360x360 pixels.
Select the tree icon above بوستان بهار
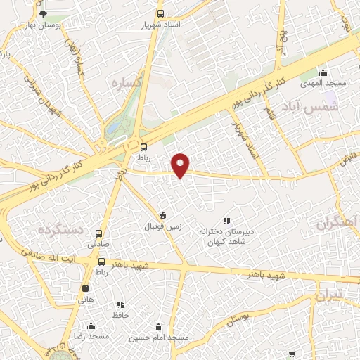click(x=43, y=13)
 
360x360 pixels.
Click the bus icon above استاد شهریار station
click(x=161, y=13)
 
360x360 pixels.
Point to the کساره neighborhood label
click(x=127, y=82)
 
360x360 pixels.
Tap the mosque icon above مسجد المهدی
click(x=323, y=72)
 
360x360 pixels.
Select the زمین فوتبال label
click(x=163, y=226)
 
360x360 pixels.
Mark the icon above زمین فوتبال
click(x=163, y=215)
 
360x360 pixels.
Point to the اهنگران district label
click(x=338, y=223)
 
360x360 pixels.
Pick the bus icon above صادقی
click(x=99, y=233)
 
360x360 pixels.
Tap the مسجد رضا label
click(x=90, y=337)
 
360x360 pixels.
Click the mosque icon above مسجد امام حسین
click(x=158, y=327)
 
